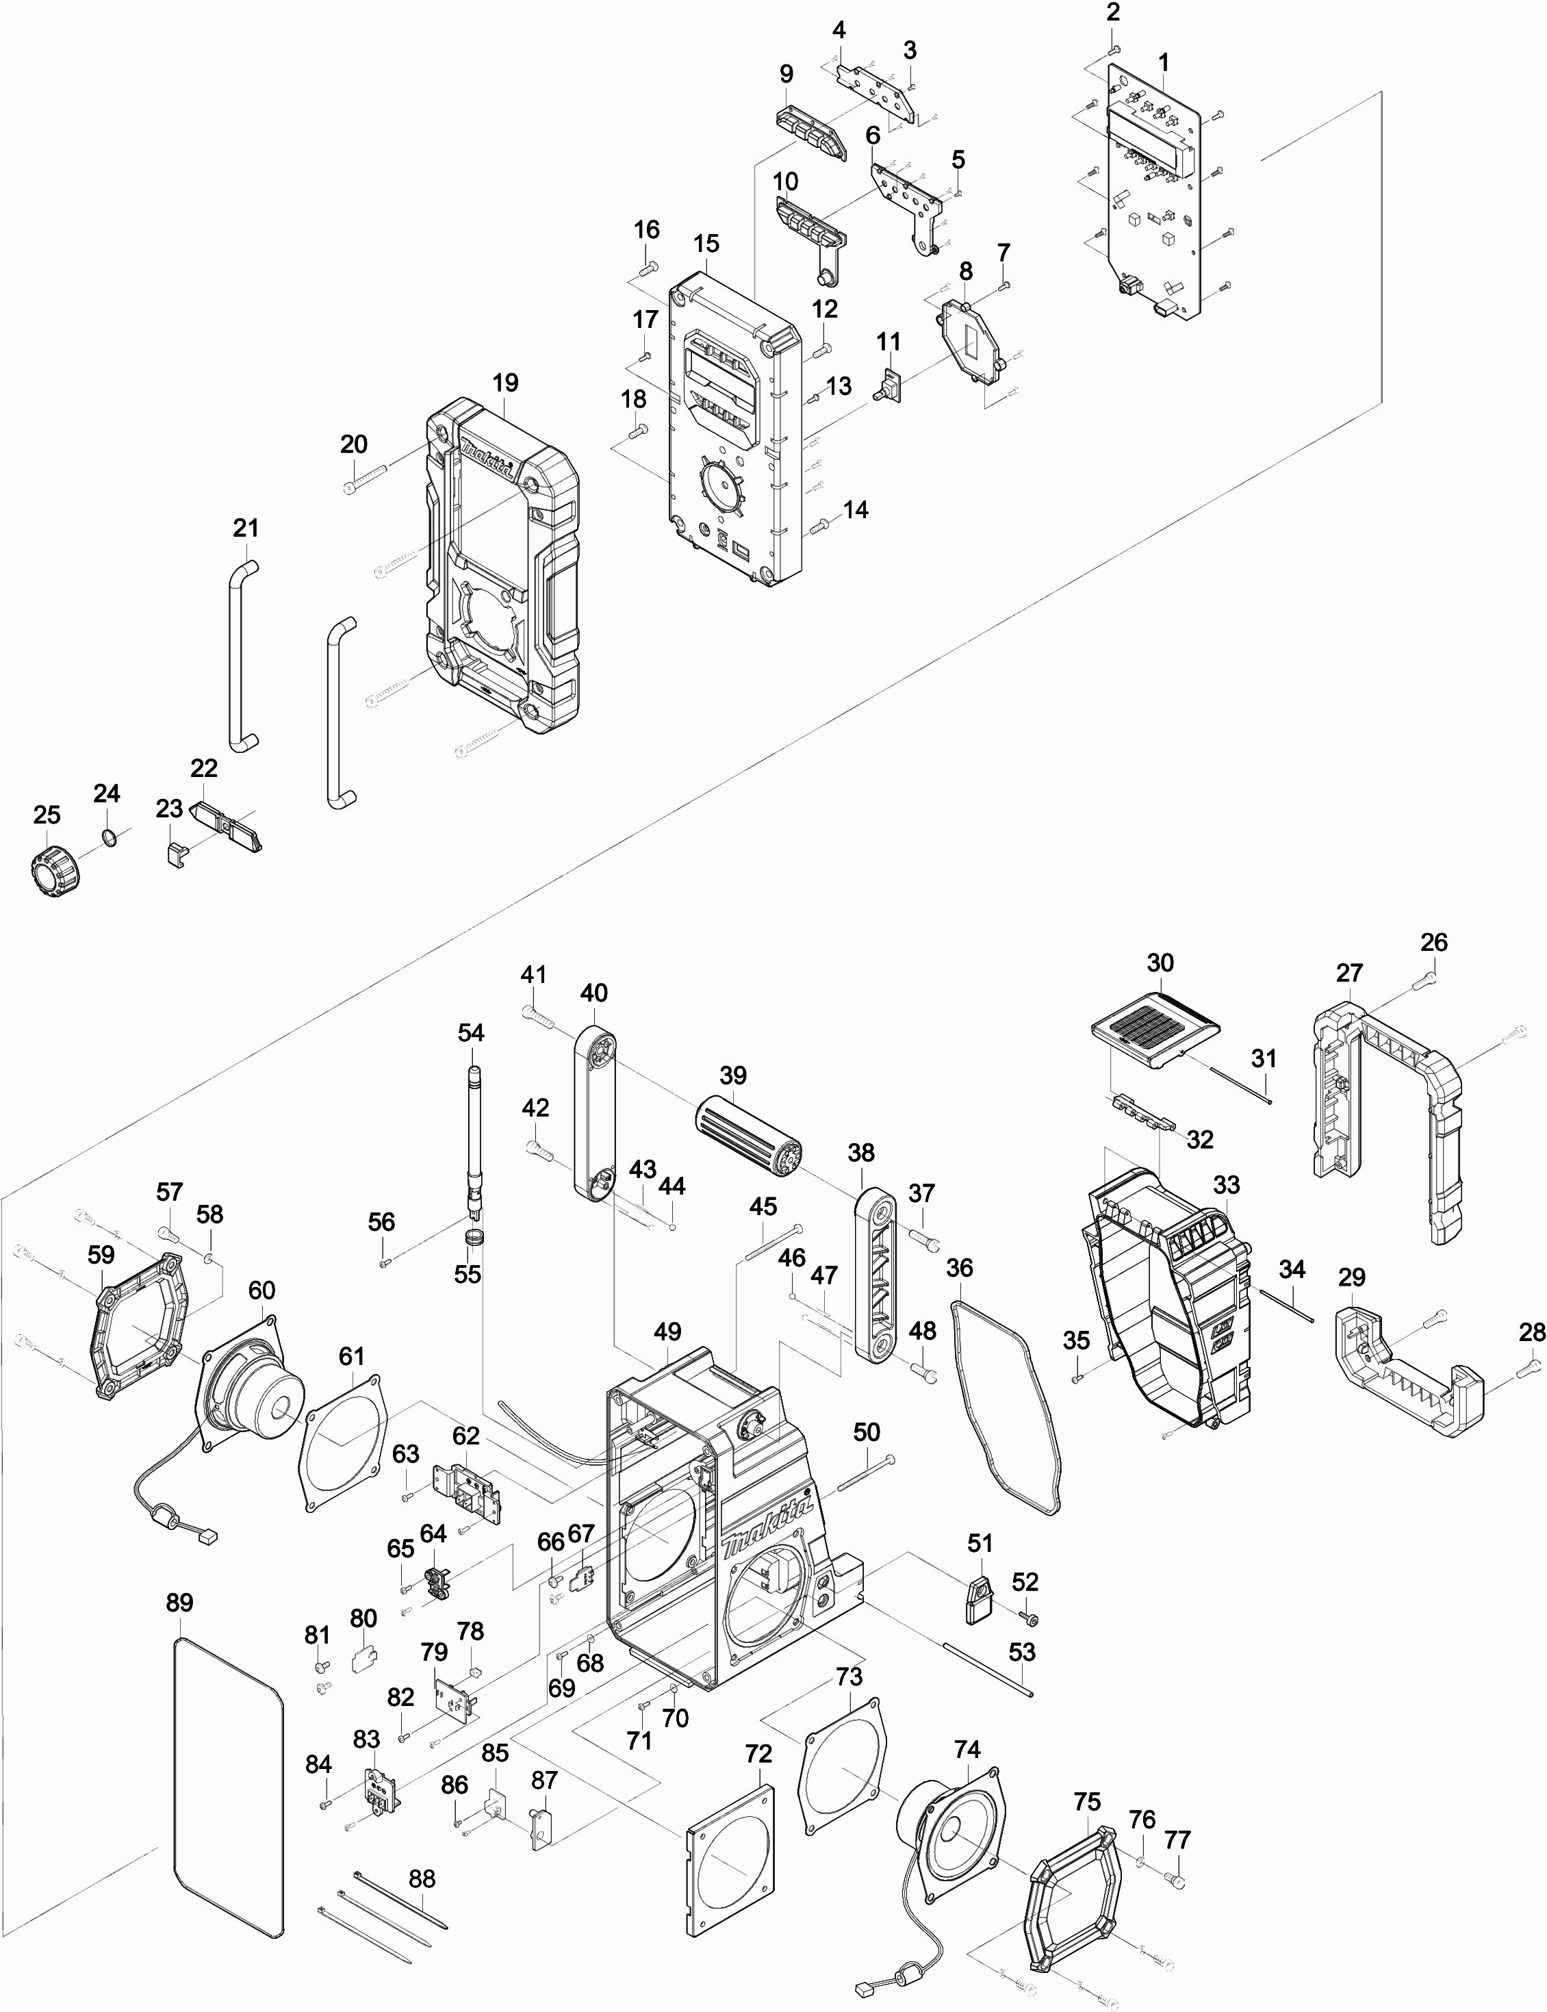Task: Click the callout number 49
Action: click(x=667, y=1332)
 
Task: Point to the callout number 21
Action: click(x=246, y=529)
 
